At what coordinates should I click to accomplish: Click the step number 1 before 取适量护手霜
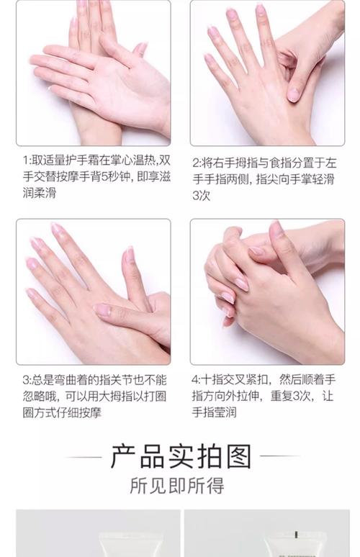pyautogui.click(x=24, y=160)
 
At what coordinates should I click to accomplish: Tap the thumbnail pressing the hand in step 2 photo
pyautogui.click(x=294, y=94)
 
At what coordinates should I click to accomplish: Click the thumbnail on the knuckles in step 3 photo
pyautogui.click(x=102, y=309)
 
